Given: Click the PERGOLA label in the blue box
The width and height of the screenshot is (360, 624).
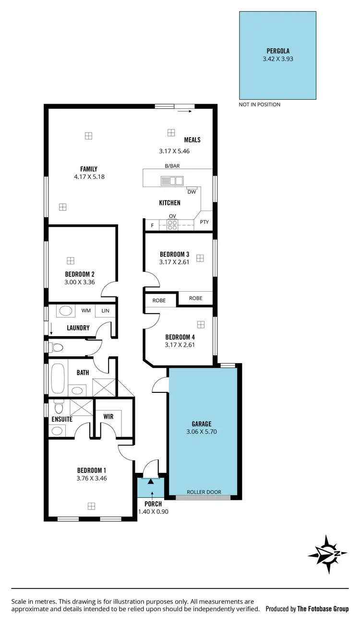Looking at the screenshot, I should pos(278,50).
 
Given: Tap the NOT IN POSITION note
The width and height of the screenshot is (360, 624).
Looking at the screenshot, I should pos(259,105).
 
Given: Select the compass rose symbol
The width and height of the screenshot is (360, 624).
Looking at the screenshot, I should pos(327,554).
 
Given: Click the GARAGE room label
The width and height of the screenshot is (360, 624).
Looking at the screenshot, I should pos(202,424).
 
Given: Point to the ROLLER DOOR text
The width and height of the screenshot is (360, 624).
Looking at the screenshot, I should pos(204,492).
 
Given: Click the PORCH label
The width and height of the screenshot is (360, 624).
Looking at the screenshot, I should pos(153,504).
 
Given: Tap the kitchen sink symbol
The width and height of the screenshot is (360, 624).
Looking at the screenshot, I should pos(172,181).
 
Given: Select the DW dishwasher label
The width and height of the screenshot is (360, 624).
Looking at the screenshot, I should pos(192,192).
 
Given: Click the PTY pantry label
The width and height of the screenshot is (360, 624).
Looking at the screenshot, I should pos(204,222).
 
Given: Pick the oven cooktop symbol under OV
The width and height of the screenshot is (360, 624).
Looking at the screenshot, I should pos(172,224).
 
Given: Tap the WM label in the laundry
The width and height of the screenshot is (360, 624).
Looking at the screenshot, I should pos(86,311).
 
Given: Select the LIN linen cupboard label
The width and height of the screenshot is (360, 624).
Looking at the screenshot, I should pos(106,311).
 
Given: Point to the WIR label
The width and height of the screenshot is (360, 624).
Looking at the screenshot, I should pos(108,416).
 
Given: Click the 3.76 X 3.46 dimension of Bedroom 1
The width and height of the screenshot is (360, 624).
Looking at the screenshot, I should pos(91,478).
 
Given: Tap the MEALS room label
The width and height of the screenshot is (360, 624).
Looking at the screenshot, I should pos(192,140).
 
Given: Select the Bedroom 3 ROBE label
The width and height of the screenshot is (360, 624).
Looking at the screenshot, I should pos(195,298).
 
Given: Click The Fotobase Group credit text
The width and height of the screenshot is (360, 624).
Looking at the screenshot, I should pos(323,609).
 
